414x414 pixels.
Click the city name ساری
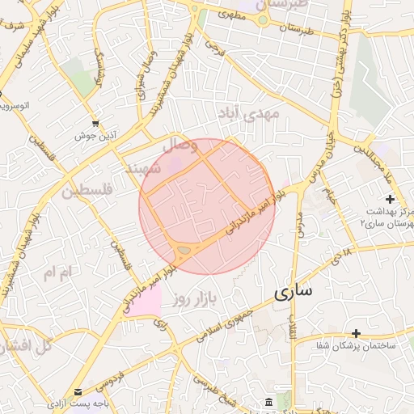click(292, 293)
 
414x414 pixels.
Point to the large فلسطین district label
click(89, 191)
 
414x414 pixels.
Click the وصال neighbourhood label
click(180, 146)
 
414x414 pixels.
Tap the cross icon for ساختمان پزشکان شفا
click(356, 333)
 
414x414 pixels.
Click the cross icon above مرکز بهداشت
click(391, 199)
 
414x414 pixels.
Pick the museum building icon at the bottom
click(268, 403)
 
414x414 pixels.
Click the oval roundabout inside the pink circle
click(185, 251)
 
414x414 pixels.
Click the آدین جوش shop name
click(91, 136)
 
